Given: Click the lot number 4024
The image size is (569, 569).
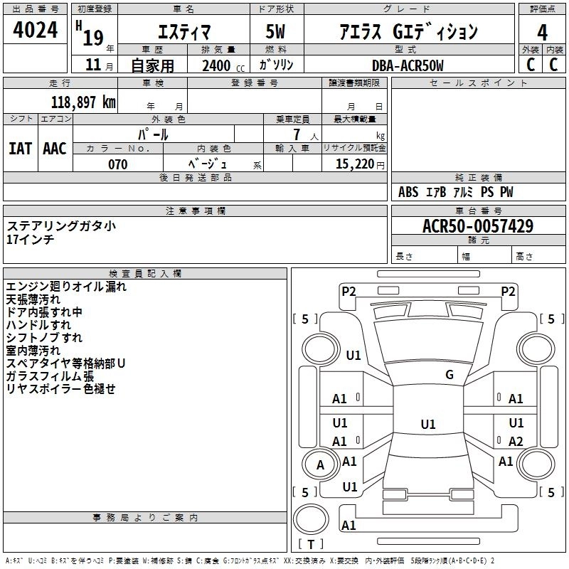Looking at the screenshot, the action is click(x=35, y=30).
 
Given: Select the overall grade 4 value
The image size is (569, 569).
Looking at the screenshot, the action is click(x=542, y=33).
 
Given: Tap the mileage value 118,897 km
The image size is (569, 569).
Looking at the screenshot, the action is click(x=83, y=102).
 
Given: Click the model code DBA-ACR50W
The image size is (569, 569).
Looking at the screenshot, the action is click(x=408, y=65).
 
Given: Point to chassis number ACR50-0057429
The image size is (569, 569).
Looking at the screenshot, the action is click(x=478, y=226).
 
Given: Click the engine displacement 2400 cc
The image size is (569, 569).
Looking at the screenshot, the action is click(x=223, y=65).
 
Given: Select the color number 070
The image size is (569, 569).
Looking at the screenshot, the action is click(x=118, y=164).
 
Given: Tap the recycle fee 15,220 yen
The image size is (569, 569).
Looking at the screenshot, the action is click(x=360, y=164).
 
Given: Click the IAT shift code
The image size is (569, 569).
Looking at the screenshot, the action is click(x=21, y=149).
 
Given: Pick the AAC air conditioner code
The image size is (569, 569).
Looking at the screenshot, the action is click(x=55, y=149).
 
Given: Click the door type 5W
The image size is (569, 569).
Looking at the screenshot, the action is click(x=275, y=31).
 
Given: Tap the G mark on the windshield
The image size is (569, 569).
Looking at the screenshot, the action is click(x=450, y=374).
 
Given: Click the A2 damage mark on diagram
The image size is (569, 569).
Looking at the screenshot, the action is click(x=516, y=441).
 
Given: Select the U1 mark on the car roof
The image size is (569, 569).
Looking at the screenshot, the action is click(x=428, y=424).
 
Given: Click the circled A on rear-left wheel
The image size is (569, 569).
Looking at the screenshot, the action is click(x=321, y=465).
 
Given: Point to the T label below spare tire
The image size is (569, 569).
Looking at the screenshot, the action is click(x=311, y=544).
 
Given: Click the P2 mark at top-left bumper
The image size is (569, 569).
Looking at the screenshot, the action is click(x=349, y=291).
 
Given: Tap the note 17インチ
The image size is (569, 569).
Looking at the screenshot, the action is click(x=30, y=239).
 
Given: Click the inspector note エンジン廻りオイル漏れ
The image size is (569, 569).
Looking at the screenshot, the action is click(x=66, y=287).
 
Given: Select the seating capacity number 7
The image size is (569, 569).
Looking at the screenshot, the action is click(x=297, y=134).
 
